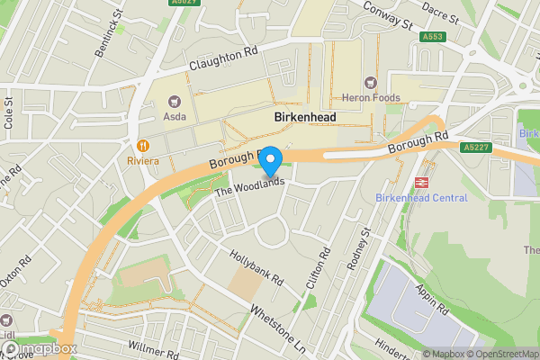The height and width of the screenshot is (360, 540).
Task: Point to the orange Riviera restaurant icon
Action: pyautogui.click(x=142, y=146)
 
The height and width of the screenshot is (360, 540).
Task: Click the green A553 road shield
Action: pyautogui.click(x=432, y=37)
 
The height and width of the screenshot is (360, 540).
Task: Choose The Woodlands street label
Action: pyautogui.click(x=249, y=187)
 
